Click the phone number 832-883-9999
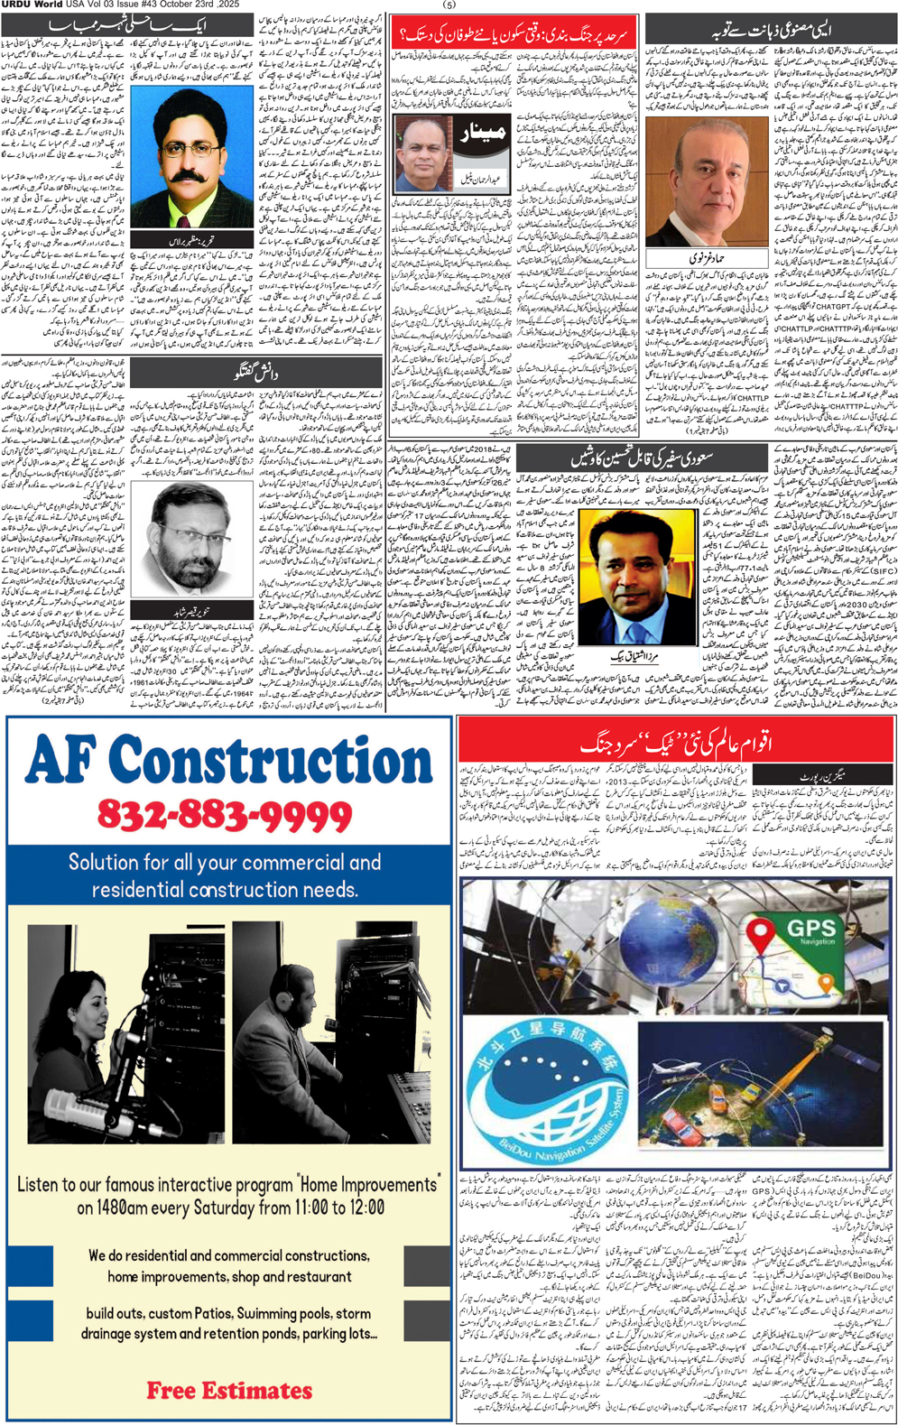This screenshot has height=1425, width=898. pos(224,815)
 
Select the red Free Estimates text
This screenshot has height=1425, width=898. pos(229,1391)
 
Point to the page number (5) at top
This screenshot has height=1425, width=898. pos(449,5)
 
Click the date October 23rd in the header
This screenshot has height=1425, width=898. pos(186,5)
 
